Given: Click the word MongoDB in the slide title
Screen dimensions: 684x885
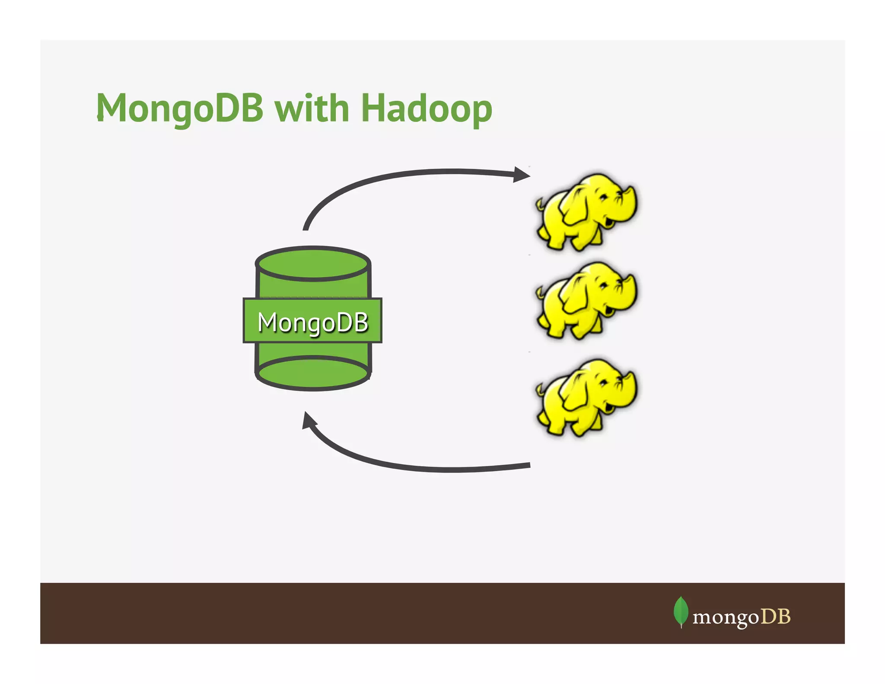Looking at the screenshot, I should (179, 108).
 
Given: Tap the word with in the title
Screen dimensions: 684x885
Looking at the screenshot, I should (312, 108).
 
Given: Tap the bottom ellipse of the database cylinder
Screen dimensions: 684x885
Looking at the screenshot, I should (313, 374).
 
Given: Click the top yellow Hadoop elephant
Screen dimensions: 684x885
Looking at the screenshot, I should (586, 212).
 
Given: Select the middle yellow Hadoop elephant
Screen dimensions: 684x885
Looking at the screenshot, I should (586, 300).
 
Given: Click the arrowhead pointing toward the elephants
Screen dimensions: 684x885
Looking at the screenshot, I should (522, 175).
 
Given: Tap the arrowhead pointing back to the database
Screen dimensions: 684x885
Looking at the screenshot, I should (309, 420).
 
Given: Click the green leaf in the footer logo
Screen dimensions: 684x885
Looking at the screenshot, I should (681, 610).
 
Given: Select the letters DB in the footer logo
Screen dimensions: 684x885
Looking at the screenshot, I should (775, 617).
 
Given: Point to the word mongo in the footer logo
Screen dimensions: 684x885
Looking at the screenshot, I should (726, 617).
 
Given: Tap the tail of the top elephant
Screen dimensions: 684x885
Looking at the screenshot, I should (540, 203).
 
